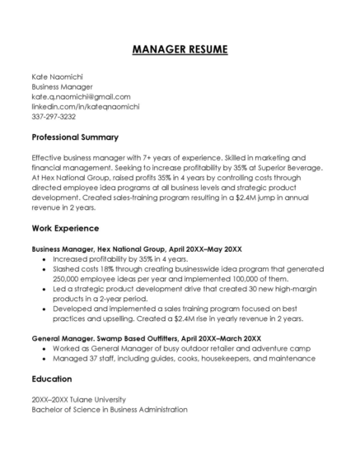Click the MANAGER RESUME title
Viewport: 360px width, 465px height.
180,50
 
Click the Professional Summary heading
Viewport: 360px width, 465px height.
75,137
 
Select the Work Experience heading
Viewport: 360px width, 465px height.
65,227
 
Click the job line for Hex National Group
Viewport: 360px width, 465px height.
137,248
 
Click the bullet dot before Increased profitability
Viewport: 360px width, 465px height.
43,258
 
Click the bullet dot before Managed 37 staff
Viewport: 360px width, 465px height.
43,358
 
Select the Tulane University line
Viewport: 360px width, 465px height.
79,399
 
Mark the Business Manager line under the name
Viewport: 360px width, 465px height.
62,86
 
